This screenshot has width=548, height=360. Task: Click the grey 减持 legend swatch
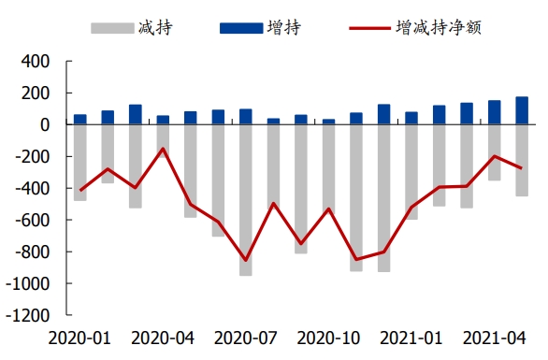click(112, 28)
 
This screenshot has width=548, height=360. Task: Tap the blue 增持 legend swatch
click(241, 28)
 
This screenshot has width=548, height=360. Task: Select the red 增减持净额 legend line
click(369, 28)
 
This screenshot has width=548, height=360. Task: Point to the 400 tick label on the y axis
click(36, 62)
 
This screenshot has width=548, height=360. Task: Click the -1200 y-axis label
click(28, 316)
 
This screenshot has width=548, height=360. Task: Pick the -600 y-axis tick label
click(32, 220)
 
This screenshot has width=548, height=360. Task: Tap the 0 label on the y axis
click(45, 124)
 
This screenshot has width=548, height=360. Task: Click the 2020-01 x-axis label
click(79, 338)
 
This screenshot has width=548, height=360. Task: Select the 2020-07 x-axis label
click(245, 338)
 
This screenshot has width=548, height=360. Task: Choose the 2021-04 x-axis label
click(494, 338)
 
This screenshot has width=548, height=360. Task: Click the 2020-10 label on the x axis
click(328, 338)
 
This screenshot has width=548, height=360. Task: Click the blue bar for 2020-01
click(80, 119)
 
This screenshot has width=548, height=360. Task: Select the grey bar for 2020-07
click(246, 200)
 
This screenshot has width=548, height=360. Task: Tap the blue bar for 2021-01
click(411, 118)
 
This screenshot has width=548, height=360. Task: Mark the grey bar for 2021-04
click(494, 152)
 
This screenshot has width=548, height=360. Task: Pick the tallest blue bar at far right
click(522, 110)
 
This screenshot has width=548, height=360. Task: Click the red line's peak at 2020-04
click(163, 149)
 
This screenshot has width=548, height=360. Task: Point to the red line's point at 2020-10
click(328, 209)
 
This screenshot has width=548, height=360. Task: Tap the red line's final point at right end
click(522, 168)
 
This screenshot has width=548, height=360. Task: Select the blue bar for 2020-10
click(328, 122)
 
